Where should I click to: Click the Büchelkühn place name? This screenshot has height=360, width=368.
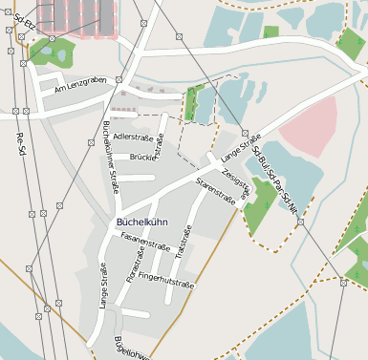point(141,222)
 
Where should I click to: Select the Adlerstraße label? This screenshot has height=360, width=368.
point(133,138)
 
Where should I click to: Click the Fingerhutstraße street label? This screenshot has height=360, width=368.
point(166,280)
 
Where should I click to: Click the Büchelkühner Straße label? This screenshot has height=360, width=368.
point(110,158)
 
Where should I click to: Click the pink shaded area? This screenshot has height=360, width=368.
point(310,125)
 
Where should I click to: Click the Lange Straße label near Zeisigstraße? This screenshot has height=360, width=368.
point(240,146)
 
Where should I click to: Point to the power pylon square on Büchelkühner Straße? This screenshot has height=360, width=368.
point(118,79)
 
